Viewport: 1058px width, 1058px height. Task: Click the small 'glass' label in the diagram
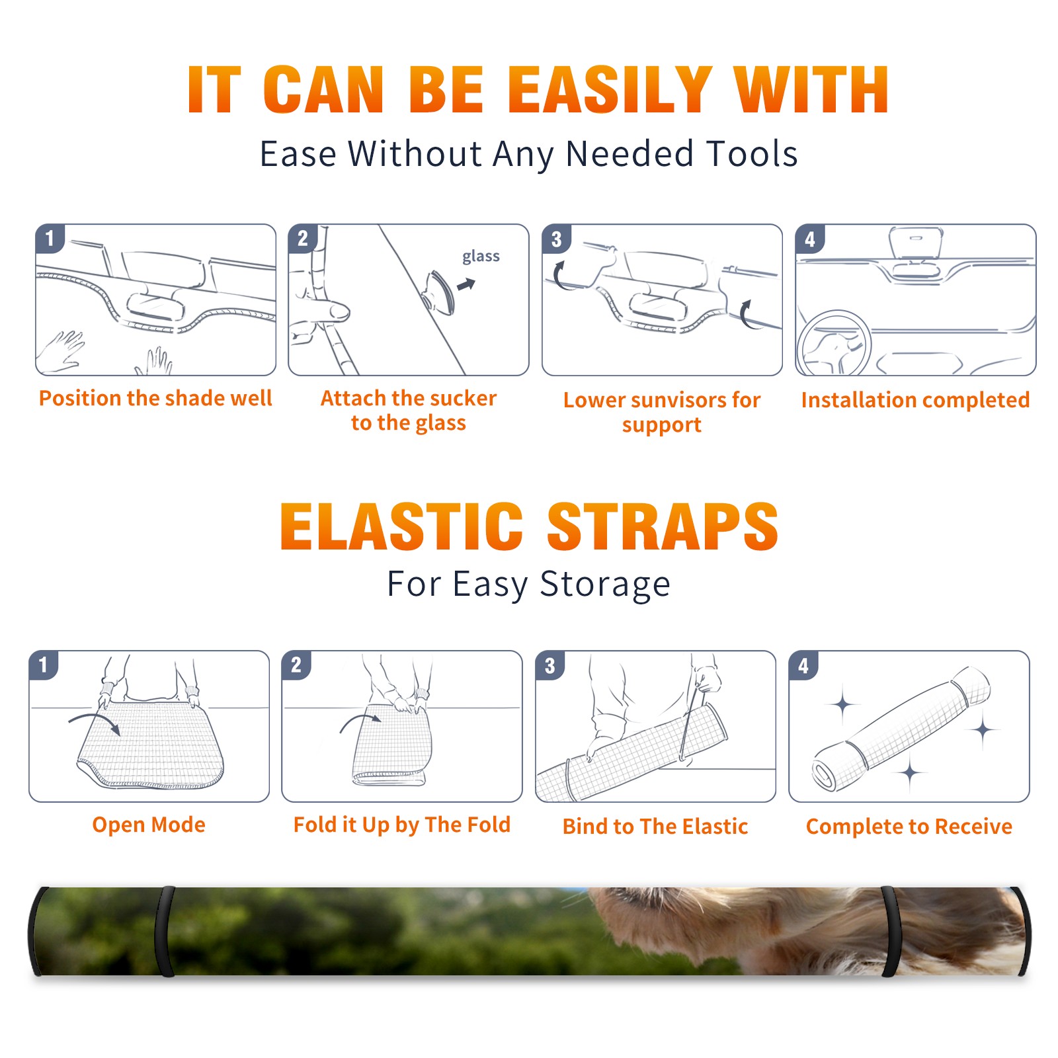point(481,257)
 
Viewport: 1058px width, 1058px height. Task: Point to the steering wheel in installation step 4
point(833,344)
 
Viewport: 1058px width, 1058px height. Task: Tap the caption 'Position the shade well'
point(155,398)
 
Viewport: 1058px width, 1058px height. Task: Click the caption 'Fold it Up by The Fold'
point(401,825)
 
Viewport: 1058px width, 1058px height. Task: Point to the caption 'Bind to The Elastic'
point(655,826)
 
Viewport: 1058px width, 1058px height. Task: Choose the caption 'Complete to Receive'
point(909,826)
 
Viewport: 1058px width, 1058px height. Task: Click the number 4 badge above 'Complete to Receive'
point(803,665)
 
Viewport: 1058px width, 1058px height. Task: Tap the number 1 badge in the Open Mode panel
point(44,665)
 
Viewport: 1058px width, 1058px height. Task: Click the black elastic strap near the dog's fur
point(891,931)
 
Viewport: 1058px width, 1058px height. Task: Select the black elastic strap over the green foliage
point(165,931)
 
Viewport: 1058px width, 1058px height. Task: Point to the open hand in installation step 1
point(61,350)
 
